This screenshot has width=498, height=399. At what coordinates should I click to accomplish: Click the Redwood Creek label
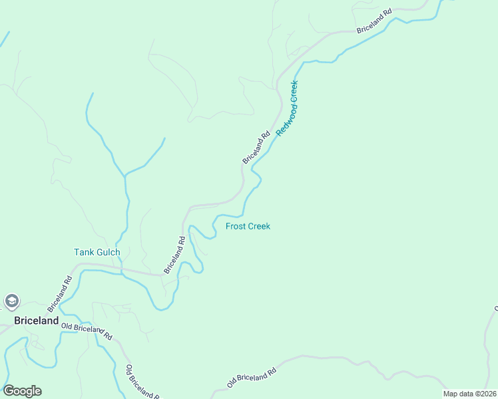(288, 108)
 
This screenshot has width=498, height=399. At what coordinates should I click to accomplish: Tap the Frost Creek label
(248, 226)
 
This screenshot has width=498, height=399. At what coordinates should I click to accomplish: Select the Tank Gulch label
(97, 252)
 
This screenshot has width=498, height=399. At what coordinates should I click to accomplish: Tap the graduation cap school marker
(11, 302)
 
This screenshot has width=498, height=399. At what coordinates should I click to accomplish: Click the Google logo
(22, 391)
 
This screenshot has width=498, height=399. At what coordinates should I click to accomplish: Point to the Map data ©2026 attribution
(469, 394)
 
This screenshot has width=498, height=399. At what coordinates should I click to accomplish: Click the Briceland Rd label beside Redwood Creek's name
(256, 147)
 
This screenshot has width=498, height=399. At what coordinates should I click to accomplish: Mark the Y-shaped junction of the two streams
(124, 176)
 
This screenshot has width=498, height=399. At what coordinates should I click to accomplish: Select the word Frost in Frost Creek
(236, 226)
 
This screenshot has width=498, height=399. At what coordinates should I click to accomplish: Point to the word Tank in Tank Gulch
(83, 252)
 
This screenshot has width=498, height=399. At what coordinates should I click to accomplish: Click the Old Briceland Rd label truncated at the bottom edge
(142, 382)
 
